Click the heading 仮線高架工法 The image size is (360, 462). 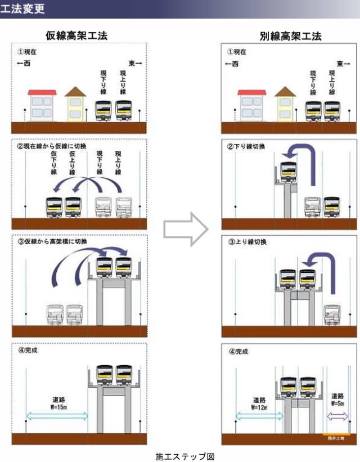[x=77, y=36]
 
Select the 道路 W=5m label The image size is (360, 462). [x=337, y=399]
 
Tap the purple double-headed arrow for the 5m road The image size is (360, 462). [x=338, y=416]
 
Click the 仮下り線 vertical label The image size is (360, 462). [x=54, y=163]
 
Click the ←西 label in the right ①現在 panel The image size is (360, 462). [x=231, y=64]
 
